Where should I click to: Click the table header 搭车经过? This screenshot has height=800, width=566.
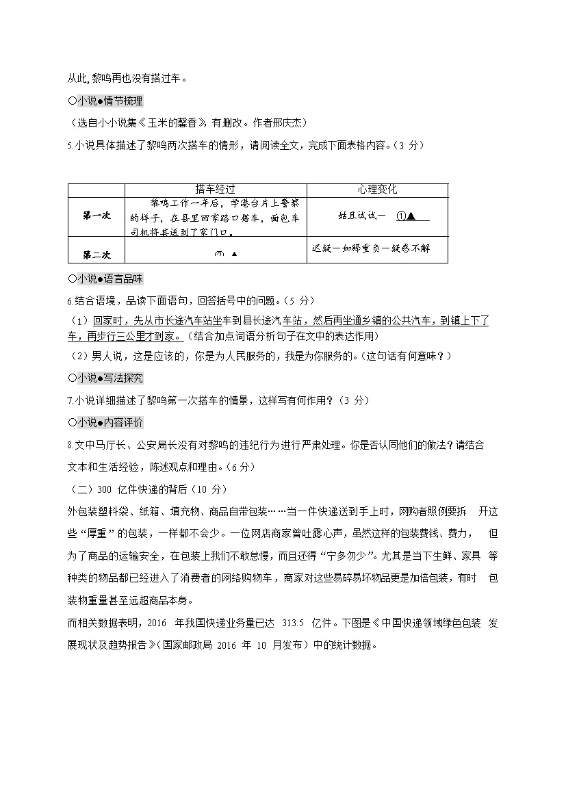coord(215,190)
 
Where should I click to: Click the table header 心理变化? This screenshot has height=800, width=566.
coord(376,190)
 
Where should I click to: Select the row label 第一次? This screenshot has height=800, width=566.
coord(97,216)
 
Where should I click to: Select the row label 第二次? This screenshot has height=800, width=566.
coord(97,255)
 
